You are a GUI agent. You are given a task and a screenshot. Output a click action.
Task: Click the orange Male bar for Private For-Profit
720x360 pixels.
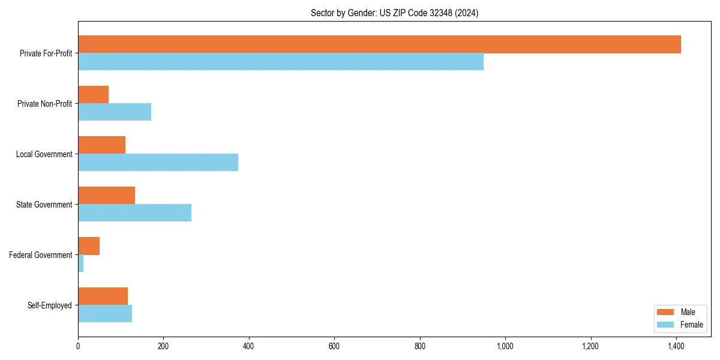pos(379,44)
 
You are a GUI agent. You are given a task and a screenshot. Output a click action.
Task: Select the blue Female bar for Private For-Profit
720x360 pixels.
pos(281,62)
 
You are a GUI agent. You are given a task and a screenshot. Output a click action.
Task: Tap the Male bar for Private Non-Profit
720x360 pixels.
pos(94,95)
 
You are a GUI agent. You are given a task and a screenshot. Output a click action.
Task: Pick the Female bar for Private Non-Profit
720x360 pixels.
pos(115,112)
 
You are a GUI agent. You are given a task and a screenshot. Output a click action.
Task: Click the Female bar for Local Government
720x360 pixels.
pos(158,163)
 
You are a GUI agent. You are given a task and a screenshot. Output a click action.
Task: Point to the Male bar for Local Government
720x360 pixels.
pos(102,145)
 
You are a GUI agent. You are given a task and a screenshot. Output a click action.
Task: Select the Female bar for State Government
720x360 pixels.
pos(134,213)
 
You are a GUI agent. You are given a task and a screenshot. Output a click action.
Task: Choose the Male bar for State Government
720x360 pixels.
pos(107,196)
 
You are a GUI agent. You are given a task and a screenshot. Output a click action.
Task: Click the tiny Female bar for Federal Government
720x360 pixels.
pos(81,263)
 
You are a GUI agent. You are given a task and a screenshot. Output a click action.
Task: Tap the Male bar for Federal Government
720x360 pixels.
pos(89,246)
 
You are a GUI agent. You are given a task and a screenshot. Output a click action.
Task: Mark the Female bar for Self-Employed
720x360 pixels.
pos(105,314)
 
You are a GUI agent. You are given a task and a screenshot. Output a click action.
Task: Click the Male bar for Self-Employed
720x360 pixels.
pos(103,296)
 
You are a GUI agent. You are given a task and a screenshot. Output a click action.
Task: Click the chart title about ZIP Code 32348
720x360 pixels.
pos(394,13)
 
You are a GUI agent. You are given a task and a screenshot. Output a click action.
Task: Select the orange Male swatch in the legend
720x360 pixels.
pos(666,312)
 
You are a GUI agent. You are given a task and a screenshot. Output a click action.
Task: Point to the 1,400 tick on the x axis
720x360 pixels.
pos(676,346)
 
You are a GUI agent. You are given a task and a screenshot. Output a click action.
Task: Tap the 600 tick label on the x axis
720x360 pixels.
pos(334,346)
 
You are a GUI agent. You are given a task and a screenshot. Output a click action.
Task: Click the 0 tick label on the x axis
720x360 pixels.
pos(78,346)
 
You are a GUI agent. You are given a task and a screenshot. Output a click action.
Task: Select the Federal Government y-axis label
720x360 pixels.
pos(41,255)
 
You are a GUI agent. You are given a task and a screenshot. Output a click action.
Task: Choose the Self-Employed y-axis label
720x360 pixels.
pos(50,305)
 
